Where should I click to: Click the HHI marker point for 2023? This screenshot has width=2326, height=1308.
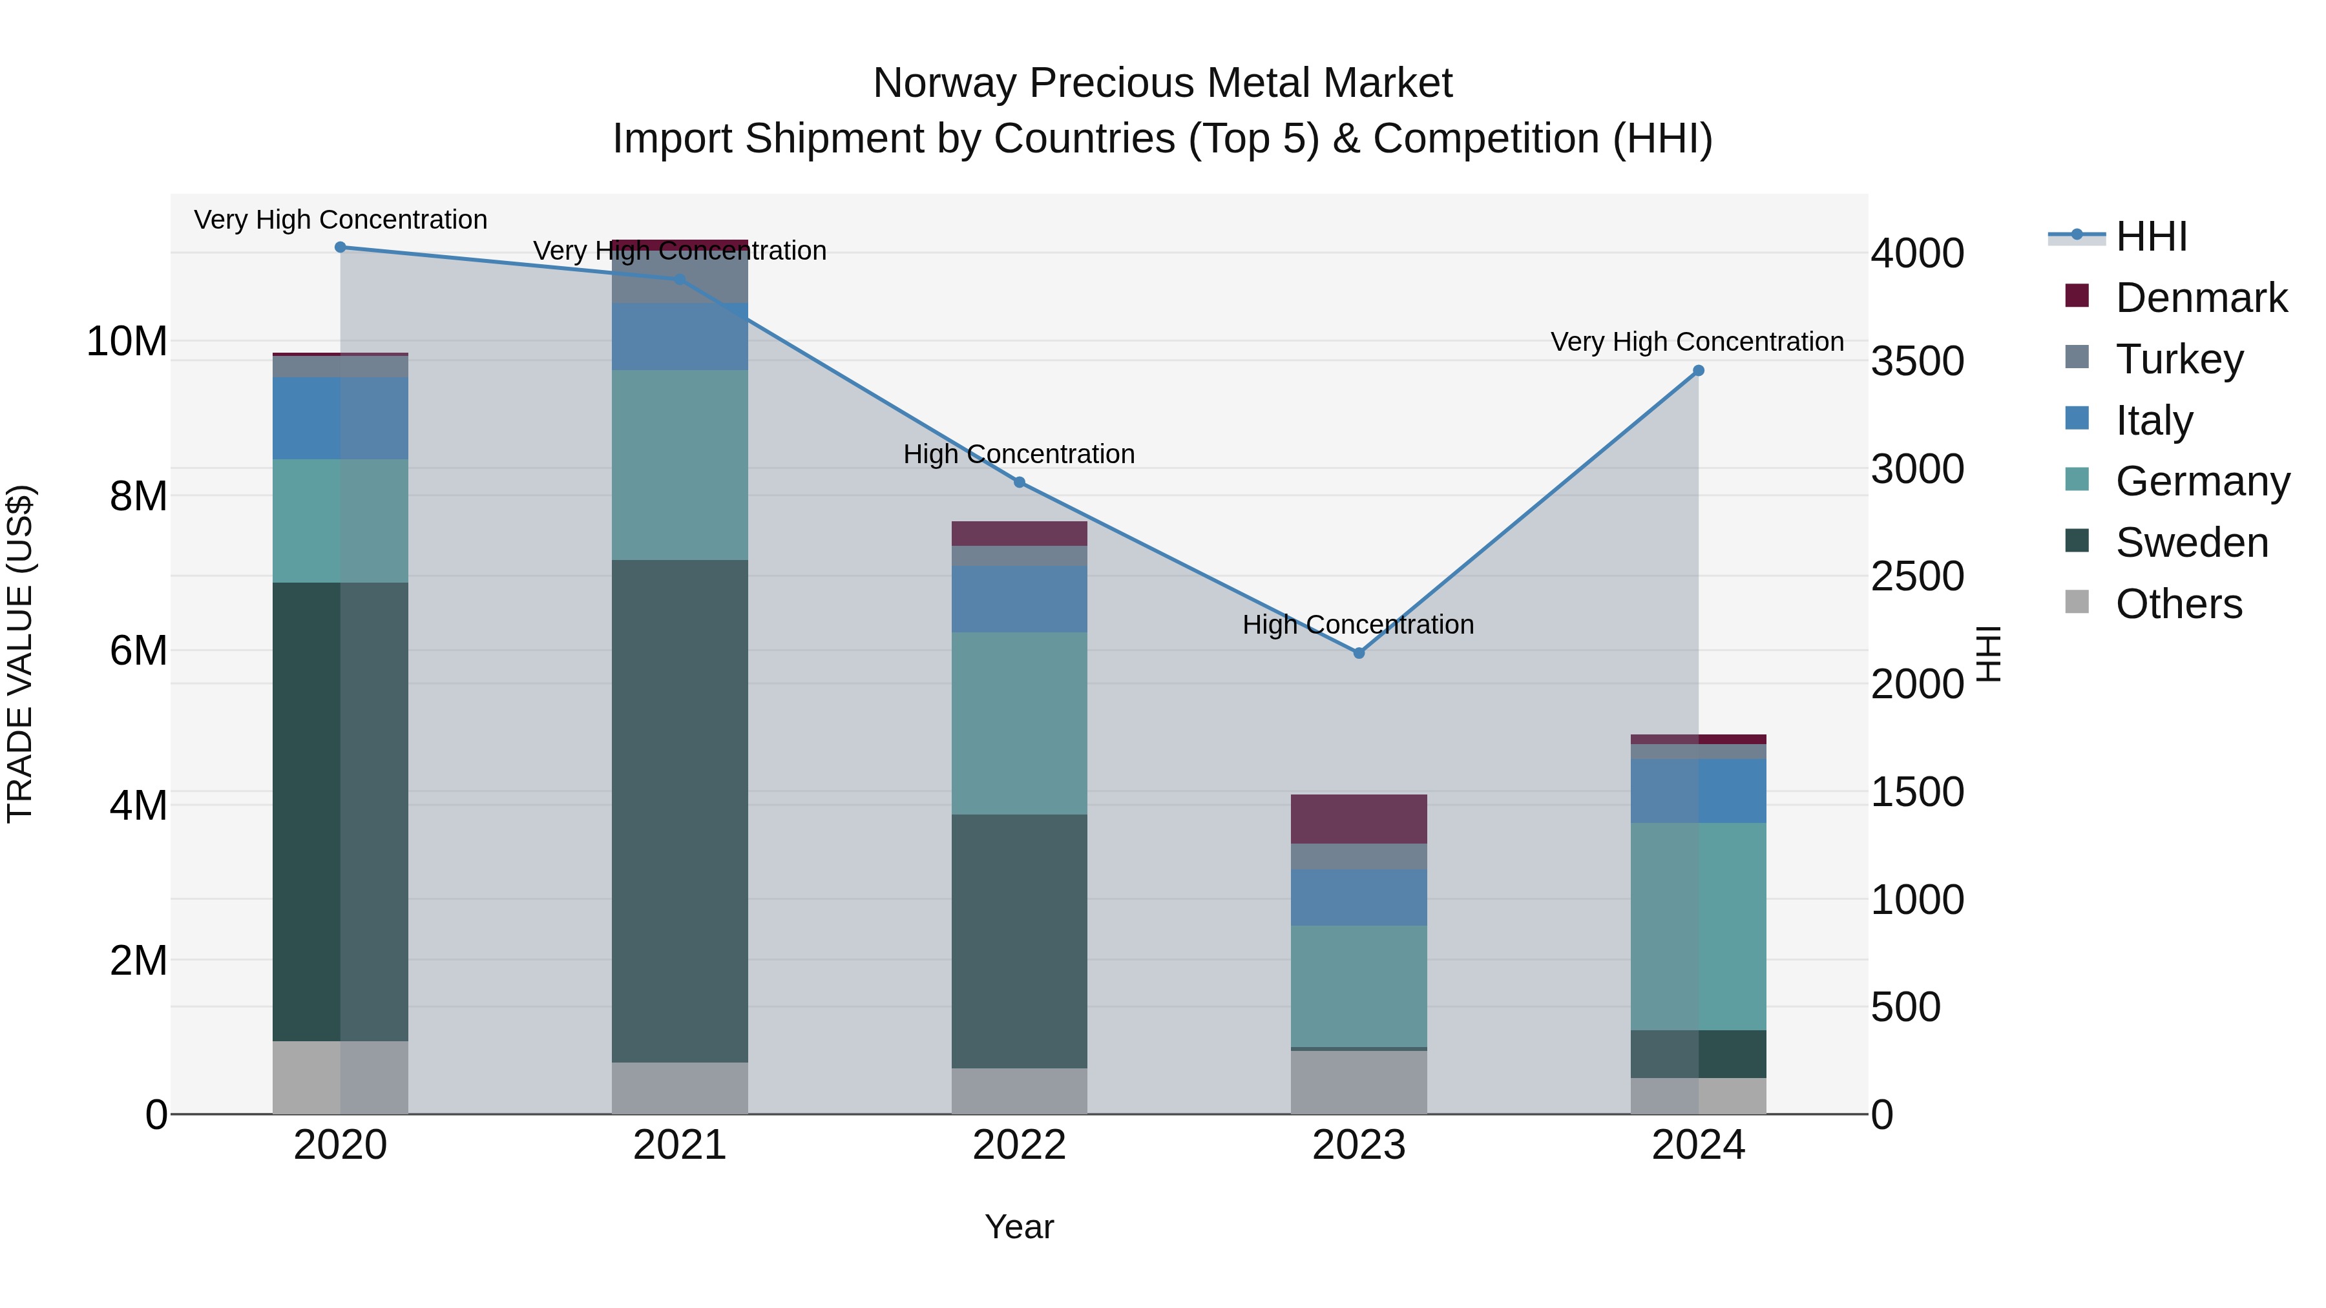[1358, 652]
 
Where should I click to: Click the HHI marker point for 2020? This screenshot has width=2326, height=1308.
[341, 247]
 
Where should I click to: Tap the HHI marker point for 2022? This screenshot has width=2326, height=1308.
[1020, 482]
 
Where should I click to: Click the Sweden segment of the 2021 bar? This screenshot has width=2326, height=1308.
[680, 811]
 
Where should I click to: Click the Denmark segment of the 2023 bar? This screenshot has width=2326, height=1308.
[1358, 819]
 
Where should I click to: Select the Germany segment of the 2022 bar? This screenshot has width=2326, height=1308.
[1020, 723]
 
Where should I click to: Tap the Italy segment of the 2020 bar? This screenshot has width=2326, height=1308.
[341, 418]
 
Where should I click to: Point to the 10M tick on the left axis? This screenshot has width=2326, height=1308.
[127, 341]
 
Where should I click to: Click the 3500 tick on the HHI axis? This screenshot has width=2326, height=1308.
[1917, 361]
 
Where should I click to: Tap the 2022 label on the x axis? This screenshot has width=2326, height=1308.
[1020, 1145]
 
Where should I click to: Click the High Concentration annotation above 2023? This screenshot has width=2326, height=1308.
[1358, 625]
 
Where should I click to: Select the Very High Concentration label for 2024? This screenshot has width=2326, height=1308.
[1697, 342]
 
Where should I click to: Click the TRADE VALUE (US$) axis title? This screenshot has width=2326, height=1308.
[20, 654]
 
